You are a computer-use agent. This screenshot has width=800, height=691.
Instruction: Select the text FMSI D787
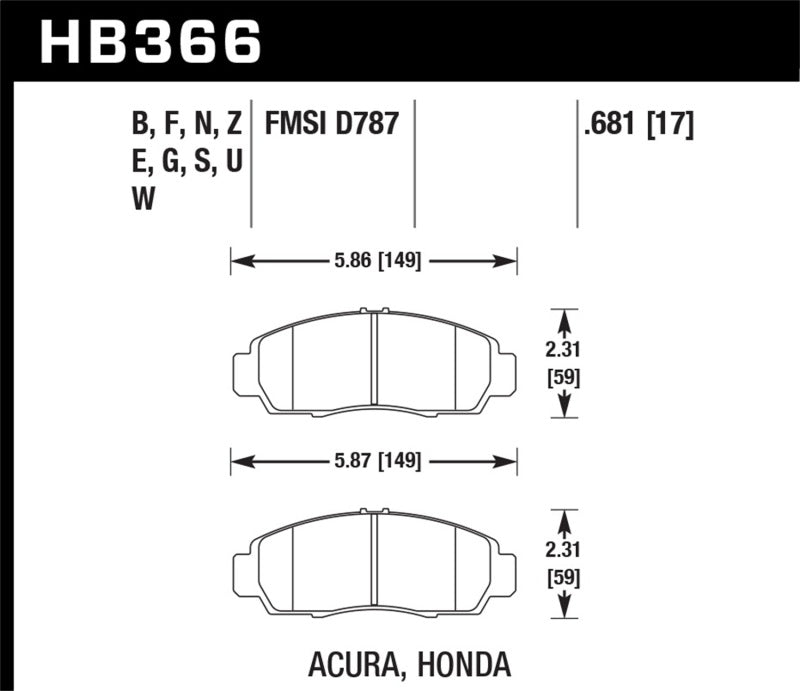coord(331,125)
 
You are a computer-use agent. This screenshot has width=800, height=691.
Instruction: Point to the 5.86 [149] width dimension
coord(376,262)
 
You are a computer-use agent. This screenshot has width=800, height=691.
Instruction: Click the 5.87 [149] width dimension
coord(376,461)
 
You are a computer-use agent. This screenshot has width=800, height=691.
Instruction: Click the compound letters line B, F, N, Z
coord(187,125)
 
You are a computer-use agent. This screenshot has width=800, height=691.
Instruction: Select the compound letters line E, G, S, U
coord(187,160)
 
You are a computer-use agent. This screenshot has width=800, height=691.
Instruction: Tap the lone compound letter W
coord(143,197)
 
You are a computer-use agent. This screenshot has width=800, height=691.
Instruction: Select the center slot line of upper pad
coord(373,362)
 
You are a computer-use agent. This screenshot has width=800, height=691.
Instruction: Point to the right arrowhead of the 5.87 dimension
coord(511,461)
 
